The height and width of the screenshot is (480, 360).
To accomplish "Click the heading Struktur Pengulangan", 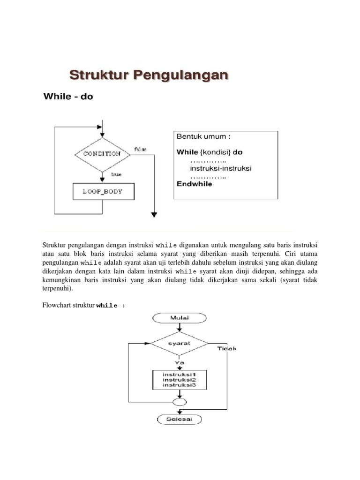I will (149, 75).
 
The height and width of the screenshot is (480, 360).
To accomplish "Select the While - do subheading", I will (68, 97).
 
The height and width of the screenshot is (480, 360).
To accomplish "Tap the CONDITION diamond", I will (102, 154).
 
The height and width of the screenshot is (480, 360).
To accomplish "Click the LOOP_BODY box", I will (103, 191).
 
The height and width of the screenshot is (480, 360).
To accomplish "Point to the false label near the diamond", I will (140, 149).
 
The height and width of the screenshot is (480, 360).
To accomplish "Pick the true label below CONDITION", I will (116, 174).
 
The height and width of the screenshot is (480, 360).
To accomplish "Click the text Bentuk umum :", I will (203, 137).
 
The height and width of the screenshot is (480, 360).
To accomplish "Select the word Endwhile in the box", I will (194, 184).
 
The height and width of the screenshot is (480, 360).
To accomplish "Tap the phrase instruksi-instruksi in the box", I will (221, 168).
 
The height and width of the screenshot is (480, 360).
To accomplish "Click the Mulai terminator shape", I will (179, 318).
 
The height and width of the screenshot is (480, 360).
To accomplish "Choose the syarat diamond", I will (179, 344).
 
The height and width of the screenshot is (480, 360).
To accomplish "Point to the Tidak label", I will (227, 348).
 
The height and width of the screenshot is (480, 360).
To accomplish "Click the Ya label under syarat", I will (179, 362).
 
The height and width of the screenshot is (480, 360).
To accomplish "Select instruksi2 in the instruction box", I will (179, 380).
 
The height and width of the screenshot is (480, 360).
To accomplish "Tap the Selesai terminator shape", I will (179, 419).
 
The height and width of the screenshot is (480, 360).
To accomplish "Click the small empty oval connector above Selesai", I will (179, 402).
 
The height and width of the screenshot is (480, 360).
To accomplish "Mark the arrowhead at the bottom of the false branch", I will (154, 215).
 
